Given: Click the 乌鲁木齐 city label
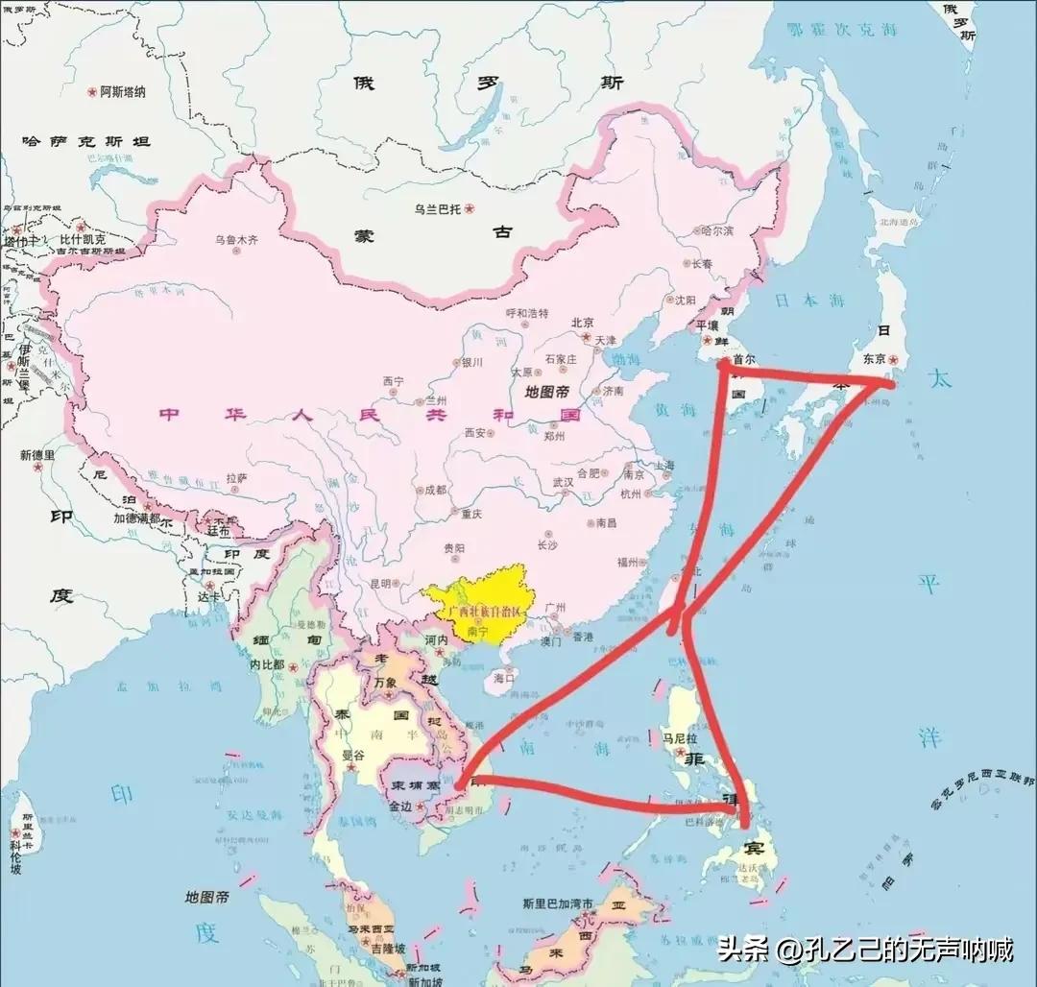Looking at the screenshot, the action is [x=237, y=240].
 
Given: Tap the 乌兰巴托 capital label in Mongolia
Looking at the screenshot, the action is [x=439, y=207].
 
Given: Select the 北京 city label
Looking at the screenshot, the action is [x=583, y=323].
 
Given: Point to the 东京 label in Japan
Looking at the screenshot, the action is [x=873, y=359].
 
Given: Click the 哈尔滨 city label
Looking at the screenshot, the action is [x=716, y=231].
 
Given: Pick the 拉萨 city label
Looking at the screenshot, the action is [x=237, y=476].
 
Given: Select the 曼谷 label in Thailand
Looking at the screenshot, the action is [x=353, y=756].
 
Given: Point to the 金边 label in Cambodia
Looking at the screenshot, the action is [x=400, y=806].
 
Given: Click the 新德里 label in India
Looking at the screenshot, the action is [x=36, y=454].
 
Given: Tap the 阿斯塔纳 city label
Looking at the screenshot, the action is [x=124, y=92].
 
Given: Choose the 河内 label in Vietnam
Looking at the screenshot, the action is [x=437, y=639].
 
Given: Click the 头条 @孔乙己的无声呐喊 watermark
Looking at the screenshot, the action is [x=864, y=951].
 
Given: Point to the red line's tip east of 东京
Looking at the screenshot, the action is [x=893, y=382].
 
